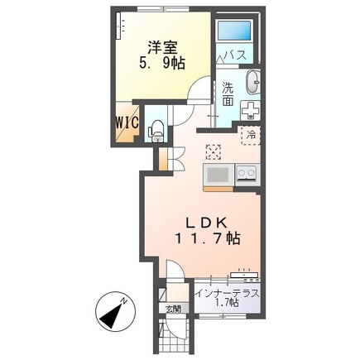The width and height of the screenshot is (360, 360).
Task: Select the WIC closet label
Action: point(126,122)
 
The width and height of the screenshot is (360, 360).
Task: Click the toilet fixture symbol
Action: point(155,129)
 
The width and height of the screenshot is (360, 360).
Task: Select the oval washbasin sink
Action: point(253,83)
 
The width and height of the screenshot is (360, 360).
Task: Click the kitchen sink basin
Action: point(219,174)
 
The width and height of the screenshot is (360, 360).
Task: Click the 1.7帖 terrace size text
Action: point(229,305)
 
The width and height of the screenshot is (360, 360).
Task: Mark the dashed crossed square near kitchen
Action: point(214,151)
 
